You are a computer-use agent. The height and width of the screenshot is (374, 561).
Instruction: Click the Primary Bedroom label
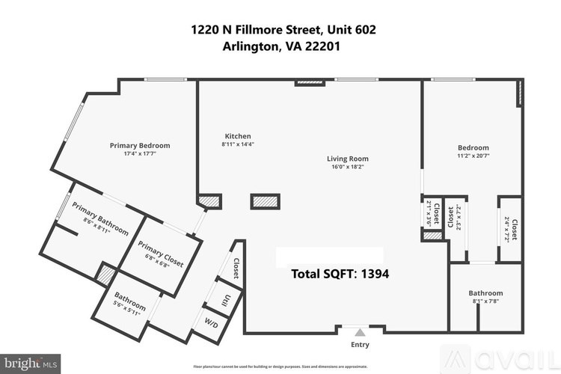tap(140, 145)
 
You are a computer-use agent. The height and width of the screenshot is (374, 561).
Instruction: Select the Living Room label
tap(348, 159)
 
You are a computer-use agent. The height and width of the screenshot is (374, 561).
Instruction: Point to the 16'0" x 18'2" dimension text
tap(348, 168)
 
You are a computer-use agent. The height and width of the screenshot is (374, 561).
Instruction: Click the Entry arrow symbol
tap(361, 331)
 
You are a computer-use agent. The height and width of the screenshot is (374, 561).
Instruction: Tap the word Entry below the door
tap(361, 345)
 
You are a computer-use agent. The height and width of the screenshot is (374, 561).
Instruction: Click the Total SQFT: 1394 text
tap(339, 274)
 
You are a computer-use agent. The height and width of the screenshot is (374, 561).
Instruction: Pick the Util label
tap(225, 301)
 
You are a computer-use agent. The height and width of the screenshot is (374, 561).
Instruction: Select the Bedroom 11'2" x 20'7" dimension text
tap(473, 156)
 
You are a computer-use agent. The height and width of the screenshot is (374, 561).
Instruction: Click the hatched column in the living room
tap(265, 201)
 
